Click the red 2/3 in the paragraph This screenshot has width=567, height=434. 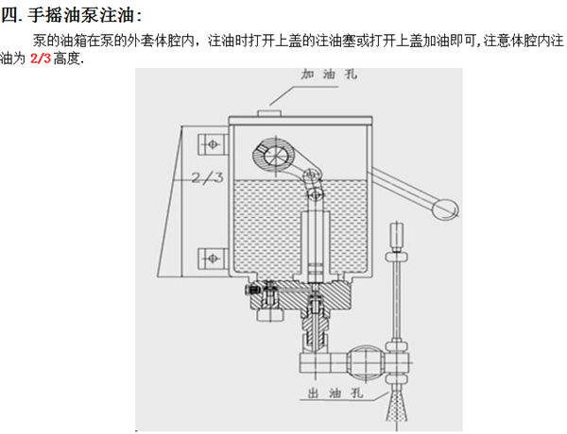point(42,58)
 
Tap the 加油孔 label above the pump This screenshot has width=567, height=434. point(323,73)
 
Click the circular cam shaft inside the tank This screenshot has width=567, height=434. point(281,157)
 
